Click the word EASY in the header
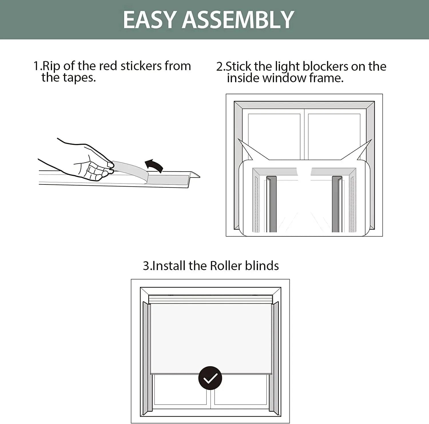(150, 19)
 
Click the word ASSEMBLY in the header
(238, 19)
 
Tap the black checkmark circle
(210, 378)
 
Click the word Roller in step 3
(222, 266)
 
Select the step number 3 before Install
(146, 266)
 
